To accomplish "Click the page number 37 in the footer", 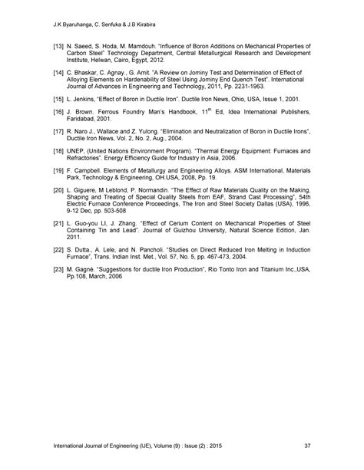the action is [308, 445].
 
